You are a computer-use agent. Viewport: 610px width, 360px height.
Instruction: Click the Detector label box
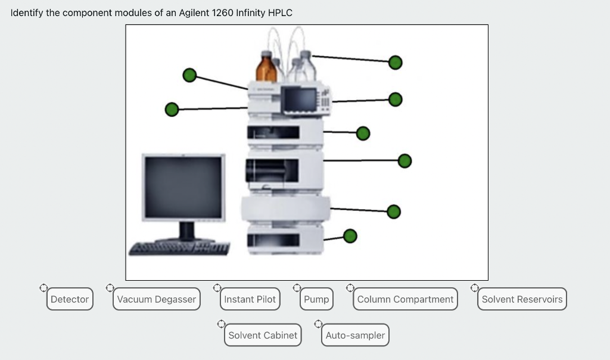tap(70, 299)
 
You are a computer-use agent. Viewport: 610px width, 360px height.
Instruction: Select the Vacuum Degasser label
tap(157, 299)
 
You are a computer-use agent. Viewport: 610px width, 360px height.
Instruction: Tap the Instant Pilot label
tap(250, 299)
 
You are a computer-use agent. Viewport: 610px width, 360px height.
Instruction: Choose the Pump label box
tap(316, 299)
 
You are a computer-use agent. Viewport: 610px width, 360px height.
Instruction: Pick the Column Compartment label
tap(405, 299)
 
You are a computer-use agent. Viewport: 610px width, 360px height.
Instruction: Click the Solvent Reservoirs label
tap(522, 299)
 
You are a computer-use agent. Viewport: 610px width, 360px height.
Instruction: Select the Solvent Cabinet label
tap(263, 335)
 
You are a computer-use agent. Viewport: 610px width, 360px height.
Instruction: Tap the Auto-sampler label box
tap(355, 335)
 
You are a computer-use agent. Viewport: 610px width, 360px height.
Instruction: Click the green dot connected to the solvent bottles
tap(395, 62)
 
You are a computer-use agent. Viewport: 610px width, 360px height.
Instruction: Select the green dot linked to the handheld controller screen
tap(395, 99)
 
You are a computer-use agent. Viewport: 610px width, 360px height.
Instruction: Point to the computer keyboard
tap(179, 247)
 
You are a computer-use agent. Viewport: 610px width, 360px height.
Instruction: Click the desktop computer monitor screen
tap(183, 187)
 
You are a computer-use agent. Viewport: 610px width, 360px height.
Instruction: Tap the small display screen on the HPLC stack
tap(300, 99)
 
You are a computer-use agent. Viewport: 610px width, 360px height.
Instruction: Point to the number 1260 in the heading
tap(223, 13)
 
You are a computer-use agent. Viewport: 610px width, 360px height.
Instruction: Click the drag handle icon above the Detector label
tap(43, 288)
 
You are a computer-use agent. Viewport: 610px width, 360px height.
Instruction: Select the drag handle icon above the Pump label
tap(297, 288)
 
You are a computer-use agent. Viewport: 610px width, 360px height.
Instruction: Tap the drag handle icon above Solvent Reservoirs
tap(475, 288)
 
